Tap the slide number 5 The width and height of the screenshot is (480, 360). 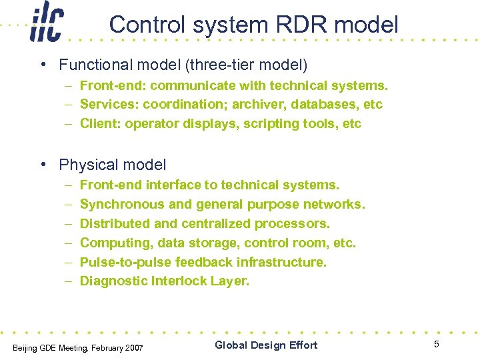click(437, 344)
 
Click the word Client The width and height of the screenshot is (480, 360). click(97, 124)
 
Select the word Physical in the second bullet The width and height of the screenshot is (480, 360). click(85, 165)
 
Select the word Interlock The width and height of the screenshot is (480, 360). click(179, 281)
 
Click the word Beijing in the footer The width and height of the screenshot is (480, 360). click(23, 347)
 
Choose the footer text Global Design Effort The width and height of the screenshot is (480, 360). click(266, 345)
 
